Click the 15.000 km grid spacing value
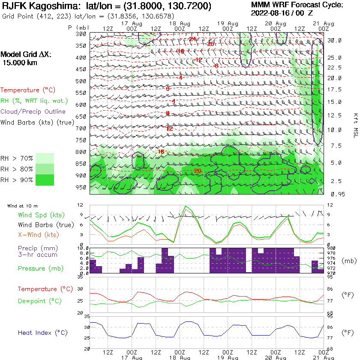coord(20,63)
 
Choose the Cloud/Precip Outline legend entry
coord(33,111)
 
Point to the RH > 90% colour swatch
coord(45,180)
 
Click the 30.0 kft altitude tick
coord(334,40)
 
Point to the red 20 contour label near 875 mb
coord(198,171)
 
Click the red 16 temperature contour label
coord(161,152)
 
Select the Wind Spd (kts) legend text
coord(38,215)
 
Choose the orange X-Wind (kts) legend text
coord(39,235)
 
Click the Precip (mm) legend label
coord(38,248)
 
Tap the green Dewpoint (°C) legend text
coord(40,301)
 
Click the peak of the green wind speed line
coord(186,206)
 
